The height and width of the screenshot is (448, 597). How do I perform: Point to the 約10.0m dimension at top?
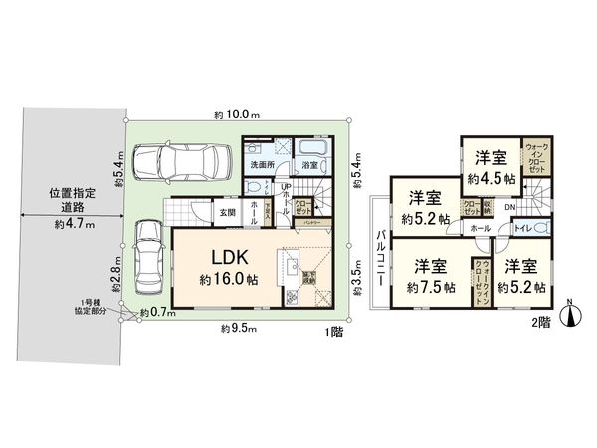[236, 112]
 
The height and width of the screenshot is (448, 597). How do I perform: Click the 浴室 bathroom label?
[309, 164]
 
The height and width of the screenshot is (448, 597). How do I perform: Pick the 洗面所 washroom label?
[263, 164]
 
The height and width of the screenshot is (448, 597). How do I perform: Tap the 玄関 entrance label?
[226, 211]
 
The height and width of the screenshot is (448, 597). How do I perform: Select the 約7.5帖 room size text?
[431, 286]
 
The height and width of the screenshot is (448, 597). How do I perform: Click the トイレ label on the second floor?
[520, 230]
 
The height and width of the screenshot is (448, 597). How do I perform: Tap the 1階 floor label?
[333, 334]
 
